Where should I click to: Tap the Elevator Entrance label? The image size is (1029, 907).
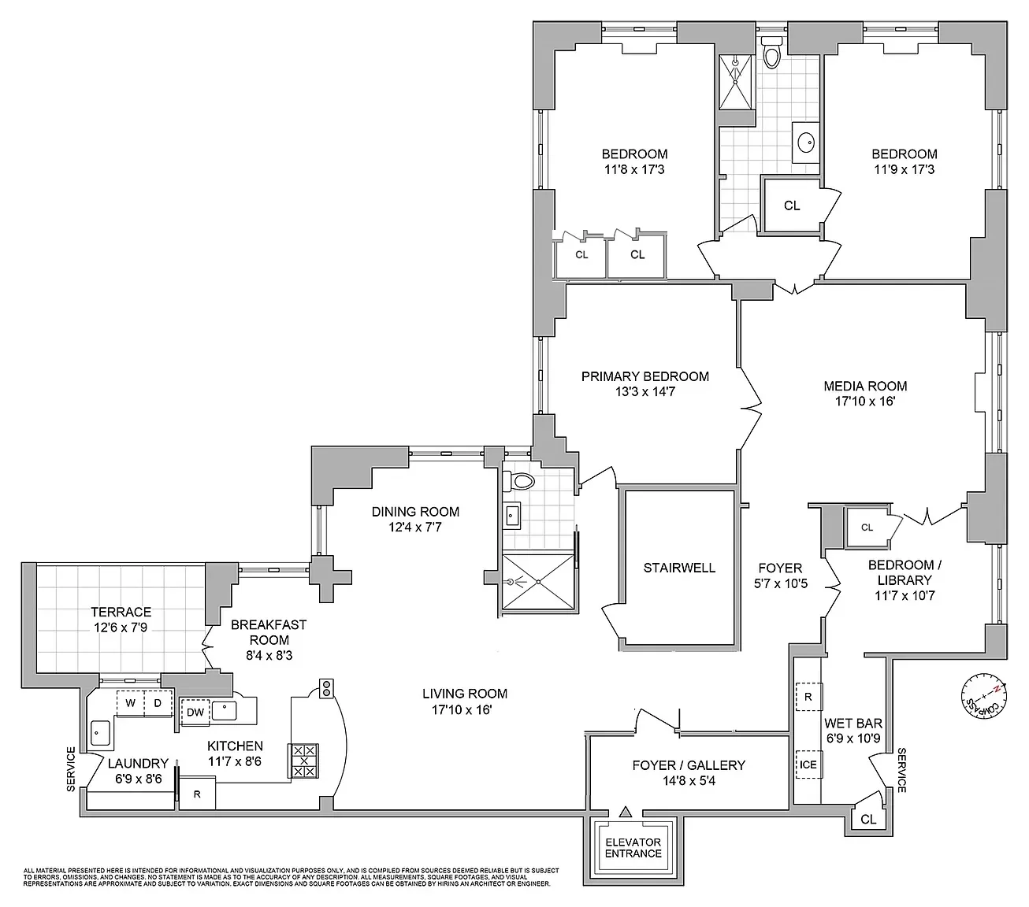click(x=633, y=848)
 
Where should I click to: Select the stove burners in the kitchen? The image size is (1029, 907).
click(x=304, y=761)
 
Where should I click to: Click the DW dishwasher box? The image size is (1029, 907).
click(x=195, y=713)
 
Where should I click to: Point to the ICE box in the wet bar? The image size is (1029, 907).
click(x=808, y=764)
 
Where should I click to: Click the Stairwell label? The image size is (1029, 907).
click(x=679, y=567)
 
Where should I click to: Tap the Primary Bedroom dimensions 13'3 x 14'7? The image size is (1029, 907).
click(x=645, y=391)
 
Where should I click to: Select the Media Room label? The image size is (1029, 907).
click(x=865, y=386)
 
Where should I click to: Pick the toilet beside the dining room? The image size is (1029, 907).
click(x=522, y=480)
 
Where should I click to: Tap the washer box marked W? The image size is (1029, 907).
click(x=131, y=702)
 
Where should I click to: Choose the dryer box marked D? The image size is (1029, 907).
click(x=158, y=702)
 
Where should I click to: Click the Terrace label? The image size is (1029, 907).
click(x=121, y=612)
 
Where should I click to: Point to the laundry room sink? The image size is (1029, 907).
click(x=99, y=732)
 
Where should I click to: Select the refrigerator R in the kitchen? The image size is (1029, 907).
click(x=198, y=794)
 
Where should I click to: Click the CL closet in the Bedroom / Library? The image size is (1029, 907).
click(x=867, y=528)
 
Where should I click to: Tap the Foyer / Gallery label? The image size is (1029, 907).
click(x=689, y=764)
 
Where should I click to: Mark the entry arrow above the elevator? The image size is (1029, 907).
click(x=626, y=811)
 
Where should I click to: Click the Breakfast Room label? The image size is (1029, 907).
click(x=269, y=632)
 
